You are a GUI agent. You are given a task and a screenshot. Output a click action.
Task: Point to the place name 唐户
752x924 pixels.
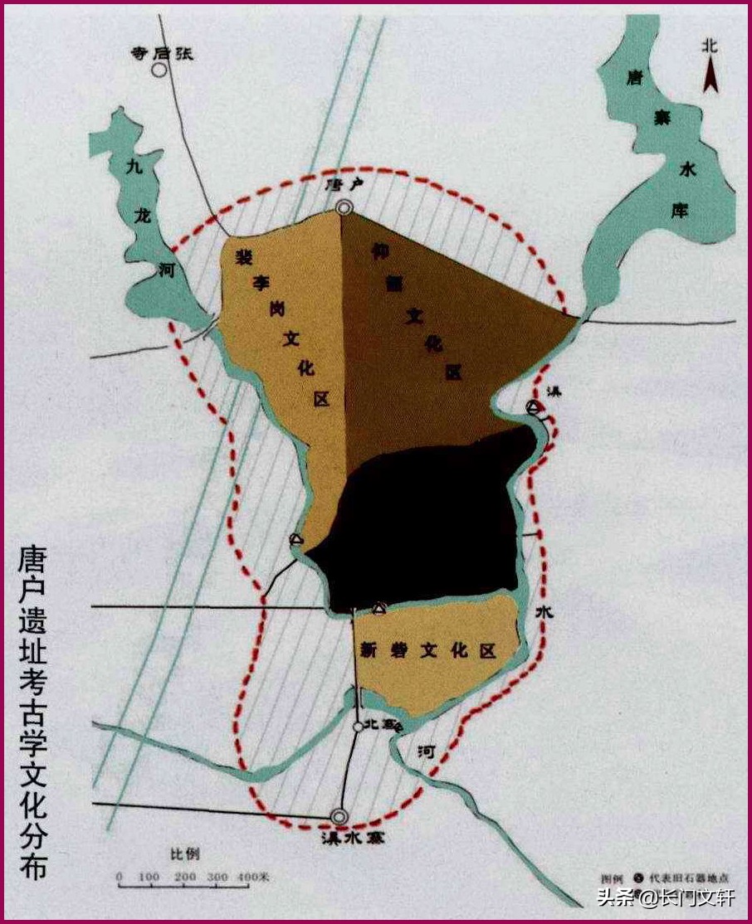coord(343,186)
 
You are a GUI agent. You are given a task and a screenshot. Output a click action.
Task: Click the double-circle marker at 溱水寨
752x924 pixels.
coord(339,816)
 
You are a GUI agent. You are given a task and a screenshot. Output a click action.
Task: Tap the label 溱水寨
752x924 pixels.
coord(349,838)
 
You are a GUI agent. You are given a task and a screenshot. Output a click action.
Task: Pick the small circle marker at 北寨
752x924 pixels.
coord(357,727)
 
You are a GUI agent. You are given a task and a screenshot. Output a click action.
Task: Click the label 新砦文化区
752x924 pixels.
coord(427,651)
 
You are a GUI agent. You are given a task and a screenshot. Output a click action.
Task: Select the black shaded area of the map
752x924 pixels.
coord(423,523)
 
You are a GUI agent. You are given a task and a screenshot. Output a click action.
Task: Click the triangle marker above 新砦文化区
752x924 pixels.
coord(379,609)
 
